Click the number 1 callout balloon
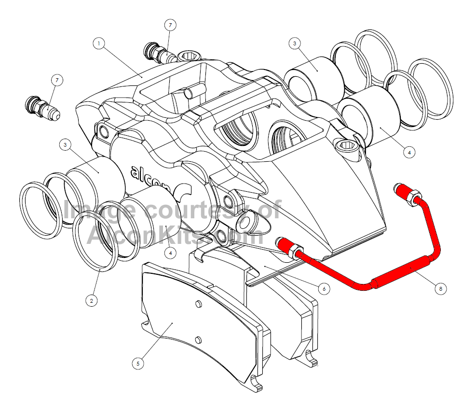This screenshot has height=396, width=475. (98, 43)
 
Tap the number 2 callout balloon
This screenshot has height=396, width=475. (91, 300)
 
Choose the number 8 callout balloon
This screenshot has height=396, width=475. (439, 289)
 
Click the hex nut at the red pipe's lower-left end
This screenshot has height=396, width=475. (288, 246)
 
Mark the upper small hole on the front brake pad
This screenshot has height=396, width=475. (198, 303)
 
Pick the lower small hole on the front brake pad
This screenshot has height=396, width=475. (198, 339)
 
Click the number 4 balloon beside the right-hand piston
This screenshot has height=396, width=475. (408, 152)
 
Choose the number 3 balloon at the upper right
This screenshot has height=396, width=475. (295, 43)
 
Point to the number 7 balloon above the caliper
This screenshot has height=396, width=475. (170, 25)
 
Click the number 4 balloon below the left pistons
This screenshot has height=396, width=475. (170, 251)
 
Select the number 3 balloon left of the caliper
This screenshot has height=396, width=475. (66, 144)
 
